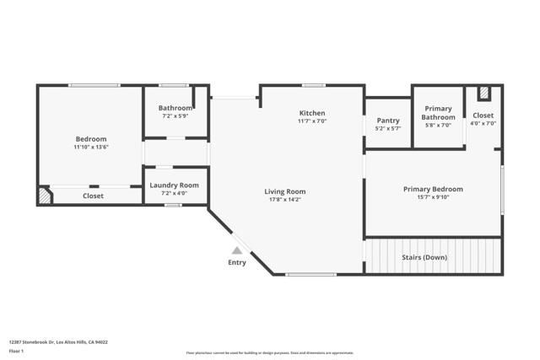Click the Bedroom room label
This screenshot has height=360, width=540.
(91, 139)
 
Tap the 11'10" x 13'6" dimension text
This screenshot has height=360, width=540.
(91, 148)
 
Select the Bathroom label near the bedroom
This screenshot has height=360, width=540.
(175, 108)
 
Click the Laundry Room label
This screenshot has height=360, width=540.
(174, 185)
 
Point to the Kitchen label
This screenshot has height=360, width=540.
(311, 113)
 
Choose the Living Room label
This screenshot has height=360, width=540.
(284, 191)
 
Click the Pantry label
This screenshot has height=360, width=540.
(388, 121)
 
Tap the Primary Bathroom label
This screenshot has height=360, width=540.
(438, 113)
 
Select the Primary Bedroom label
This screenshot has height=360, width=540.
(433, 190)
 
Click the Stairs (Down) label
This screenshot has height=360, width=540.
(424, 257)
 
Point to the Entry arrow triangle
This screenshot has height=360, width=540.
(238, 250)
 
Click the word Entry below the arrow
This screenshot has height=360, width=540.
(238, 263)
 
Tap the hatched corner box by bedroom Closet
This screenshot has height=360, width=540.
(44, 196)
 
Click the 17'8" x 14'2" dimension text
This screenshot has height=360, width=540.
(284, 200)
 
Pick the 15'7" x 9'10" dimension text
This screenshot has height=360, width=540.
(433, 198)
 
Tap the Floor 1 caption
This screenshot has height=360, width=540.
(16, 350)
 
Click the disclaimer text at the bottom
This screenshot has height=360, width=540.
(269, 353)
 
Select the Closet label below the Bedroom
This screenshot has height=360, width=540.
(93, 196)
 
